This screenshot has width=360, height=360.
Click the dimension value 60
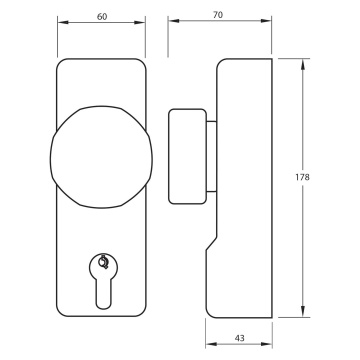(102, 17)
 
